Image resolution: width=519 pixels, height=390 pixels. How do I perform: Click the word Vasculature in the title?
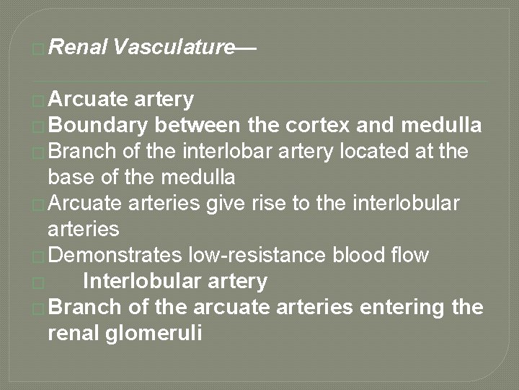[x=174, y=48]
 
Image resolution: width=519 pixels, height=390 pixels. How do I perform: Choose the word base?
[x=70, y=177]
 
